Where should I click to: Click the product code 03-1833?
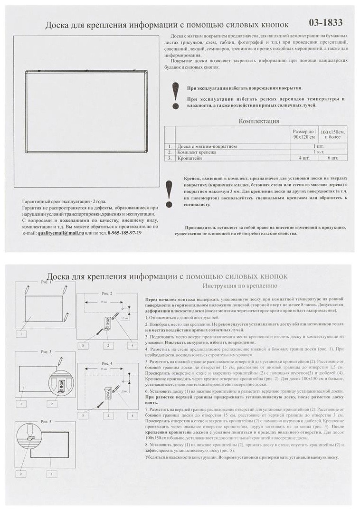pyautogui.click(x=325, y=22)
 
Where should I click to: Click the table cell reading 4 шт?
pyautogui.click(x=303, y=158)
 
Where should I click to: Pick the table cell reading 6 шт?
pyautogui.click(x=333, y=158)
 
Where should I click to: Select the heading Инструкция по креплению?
pyautogui.click(x=240, y=286)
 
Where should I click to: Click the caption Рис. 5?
pyautogui.click(x=46, y=422)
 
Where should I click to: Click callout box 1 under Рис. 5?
pyautogui.click(x=50, y=474)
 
